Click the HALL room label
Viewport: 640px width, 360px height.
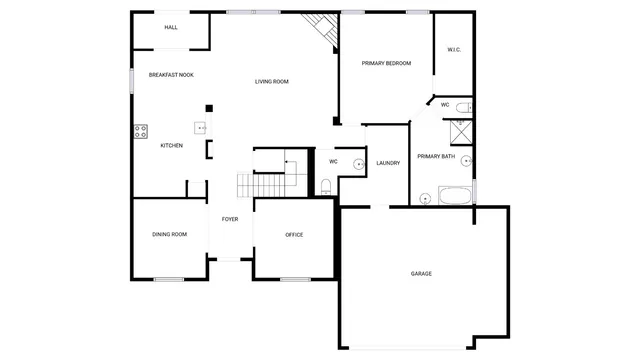click(x=171, y=27)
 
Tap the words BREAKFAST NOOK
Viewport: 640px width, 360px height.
click(x=171, y=75)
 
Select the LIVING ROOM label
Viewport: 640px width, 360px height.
click(x=271, y=82)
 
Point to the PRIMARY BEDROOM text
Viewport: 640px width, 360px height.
click(x=386, y=63)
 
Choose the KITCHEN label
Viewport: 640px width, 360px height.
click(x=172, y=146)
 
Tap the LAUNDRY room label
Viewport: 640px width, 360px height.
click(x=388, y=163)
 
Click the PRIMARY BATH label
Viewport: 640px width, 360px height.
click(x=436, y=156)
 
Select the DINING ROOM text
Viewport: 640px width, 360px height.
click(x=169, y=235)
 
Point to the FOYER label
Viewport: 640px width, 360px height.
click(x=230, y=219)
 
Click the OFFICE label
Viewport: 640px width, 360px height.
click(x=294, y=235)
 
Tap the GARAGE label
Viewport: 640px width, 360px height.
click(x=421, y=273)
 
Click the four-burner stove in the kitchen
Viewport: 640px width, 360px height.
click(x=140, y=131)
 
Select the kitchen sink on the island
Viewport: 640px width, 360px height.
click(x=201, y=128)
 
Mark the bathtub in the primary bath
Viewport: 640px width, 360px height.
click(x=457, y=195)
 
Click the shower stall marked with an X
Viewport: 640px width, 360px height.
click(x=462, y=128)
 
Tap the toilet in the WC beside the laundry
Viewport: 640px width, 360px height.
click(x=326, y=184)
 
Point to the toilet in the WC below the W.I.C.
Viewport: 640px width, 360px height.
click(x=462, y=106)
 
